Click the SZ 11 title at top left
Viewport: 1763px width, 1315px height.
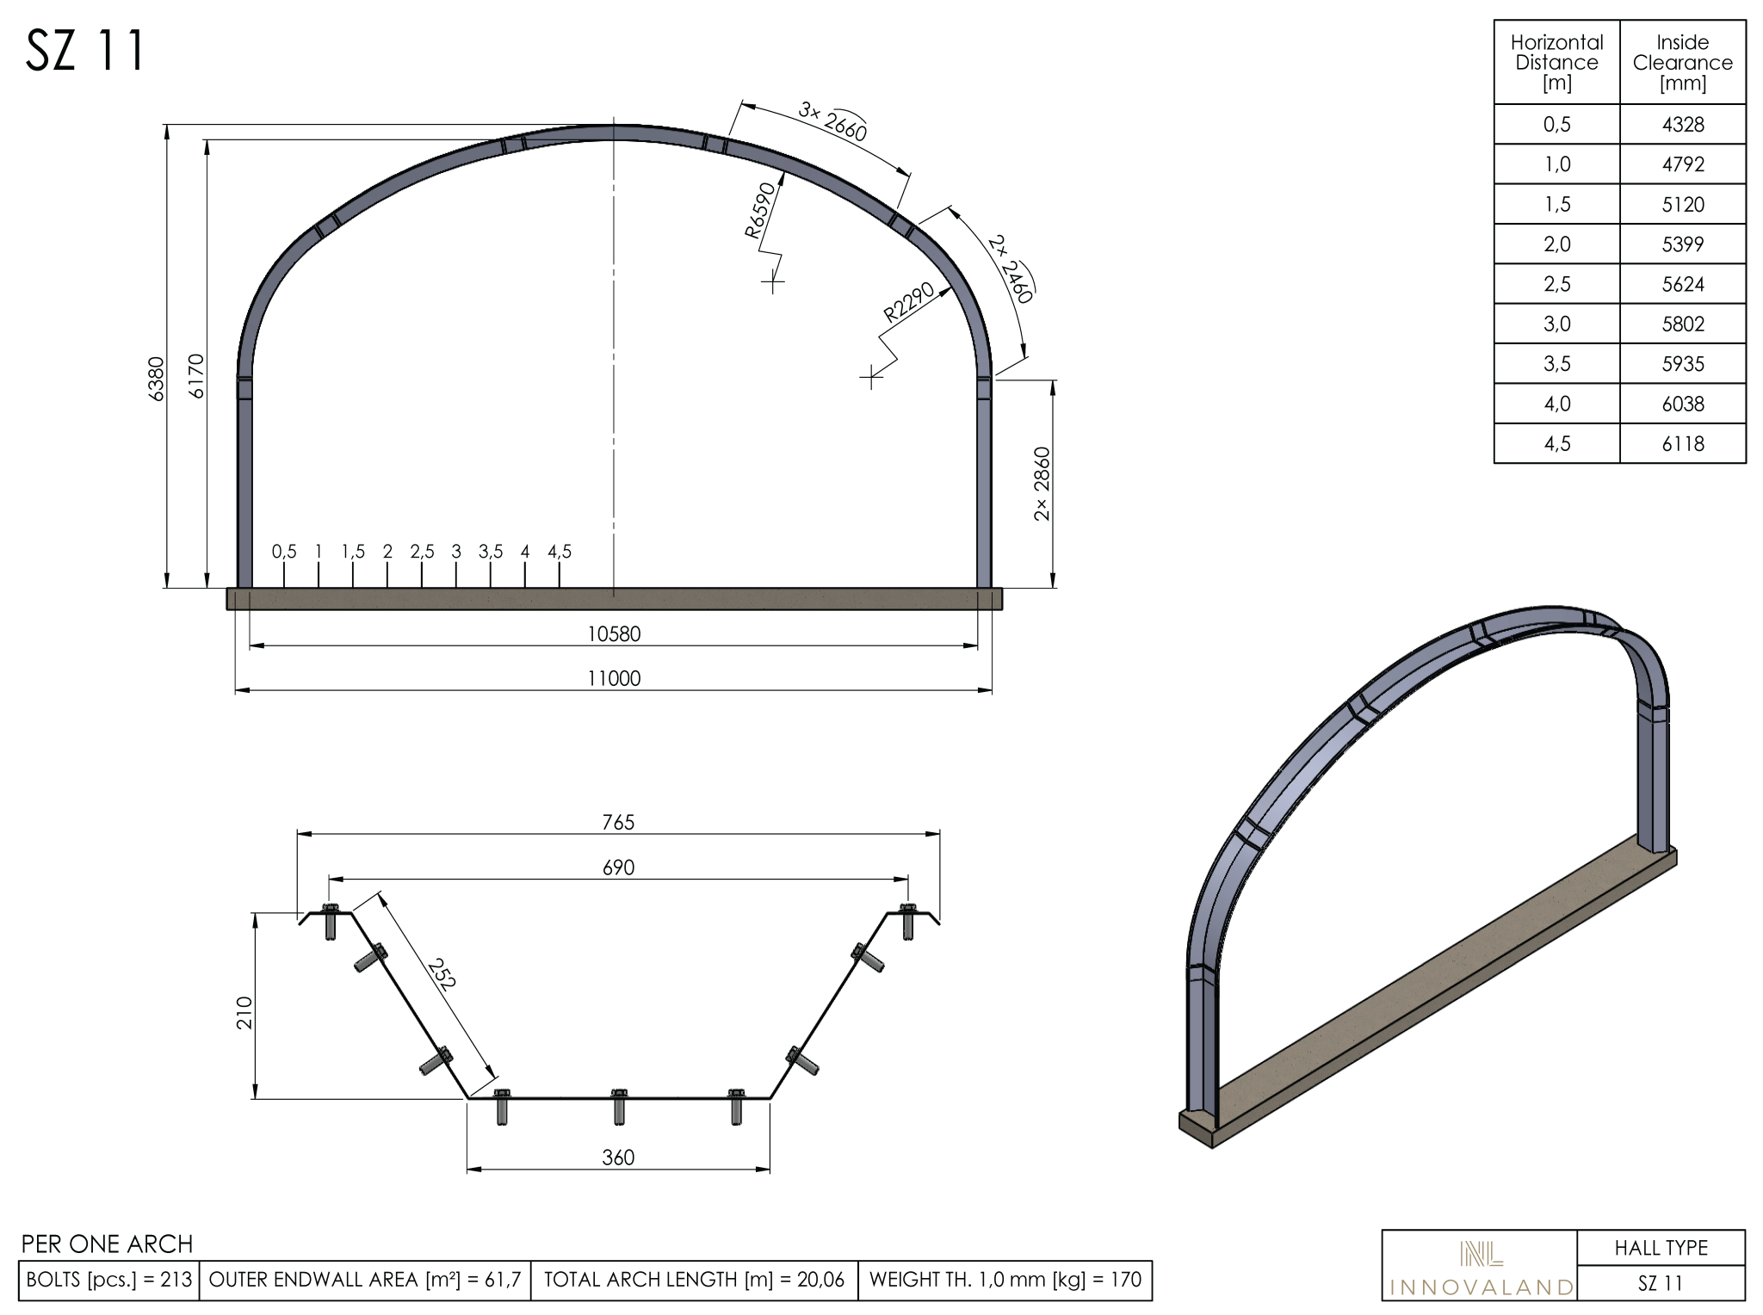85,51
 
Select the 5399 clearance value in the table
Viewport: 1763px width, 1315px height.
1682,244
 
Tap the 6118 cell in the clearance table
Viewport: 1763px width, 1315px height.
1682,444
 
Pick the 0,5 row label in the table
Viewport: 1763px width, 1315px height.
1556,125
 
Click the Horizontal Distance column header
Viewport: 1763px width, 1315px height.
1556,63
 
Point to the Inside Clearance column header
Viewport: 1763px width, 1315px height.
1682,63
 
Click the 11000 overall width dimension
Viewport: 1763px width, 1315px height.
614,679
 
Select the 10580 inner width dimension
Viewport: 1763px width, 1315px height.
614,634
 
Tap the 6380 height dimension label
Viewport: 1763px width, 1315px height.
157,379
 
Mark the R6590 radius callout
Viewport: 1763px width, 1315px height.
761,210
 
